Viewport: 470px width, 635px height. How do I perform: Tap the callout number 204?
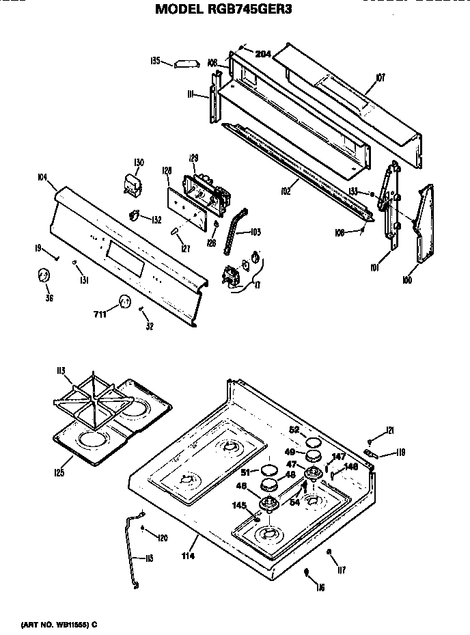pyautogui.click(x=263, y=54)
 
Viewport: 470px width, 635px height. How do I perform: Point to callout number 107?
pyautogui.click(x=380, y=78)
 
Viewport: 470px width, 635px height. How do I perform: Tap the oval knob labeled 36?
pyautogui.click(x=43, y=275)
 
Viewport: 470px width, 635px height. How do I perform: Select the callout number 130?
pyautogui.click(x=139, y=162)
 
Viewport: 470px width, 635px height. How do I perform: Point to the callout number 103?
pyautogui.click(x=255, y=232)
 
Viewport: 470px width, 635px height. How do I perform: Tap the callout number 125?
pyautogui.click(x=59, y=472)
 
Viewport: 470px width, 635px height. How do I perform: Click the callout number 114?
pyautogui.click(x=189, y=556)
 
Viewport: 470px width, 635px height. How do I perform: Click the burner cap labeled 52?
pyautogui.click(x=313, y=441)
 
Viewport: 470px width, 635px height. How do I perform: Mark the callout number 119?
pyautogui.click(x=400, y=452)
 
